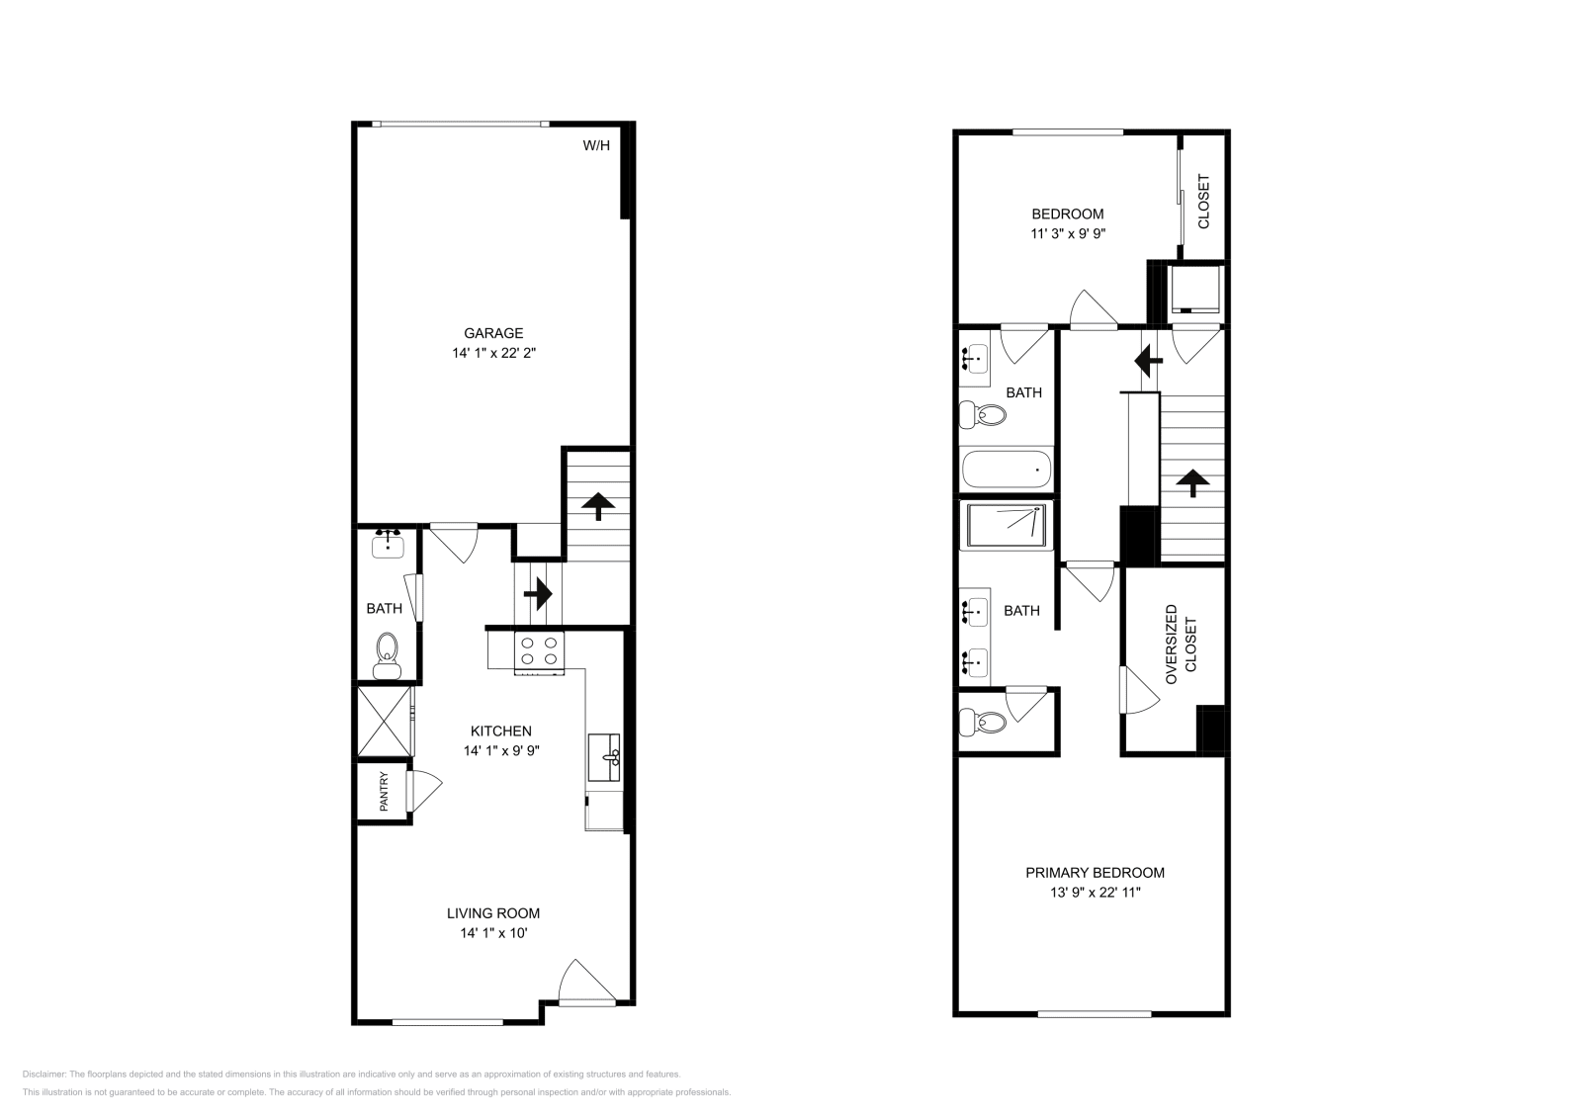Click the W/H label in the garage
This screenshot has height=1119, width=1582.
pos(596,146)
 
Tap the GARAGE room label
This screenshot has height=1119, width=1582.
pos(493,333)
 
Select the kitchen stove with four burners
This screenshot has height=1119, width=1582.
pos(539,651)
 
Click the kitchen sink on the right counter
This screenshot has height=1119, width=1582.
pos(603,757)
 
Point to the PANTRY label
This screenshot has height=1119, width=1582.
pos(384,791)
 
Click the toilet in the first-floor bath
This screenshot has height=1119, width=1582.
pos(387,655)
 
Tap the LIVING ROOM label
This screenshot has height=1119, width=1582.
pos(493,913)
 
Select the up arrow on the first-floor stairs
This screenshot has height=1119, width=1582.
pos(596,505)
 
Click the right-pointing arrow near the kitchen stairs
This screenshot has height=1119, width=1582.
pos(537,594)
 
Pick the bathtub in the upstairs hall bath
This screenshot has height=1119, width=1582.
pos(1006,470)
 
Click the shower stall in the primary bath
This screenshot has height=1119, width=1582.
pos(1006,525)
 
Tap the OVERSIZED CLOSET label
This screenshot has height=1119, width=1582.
pos(1180,645)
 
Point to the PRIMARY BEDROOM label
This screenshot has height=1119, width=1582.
pos(1095,873)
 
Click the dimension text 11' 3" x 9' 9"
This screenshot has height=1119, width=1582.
pos(1067,234)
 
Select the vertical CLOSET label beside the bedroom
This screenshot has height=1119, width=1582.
pos(1203,202)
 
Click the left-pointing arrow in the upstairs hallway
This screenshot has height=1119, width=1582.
pos(1147,363)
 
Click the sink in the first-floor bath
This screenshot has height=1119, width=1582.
pos(388,543)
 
